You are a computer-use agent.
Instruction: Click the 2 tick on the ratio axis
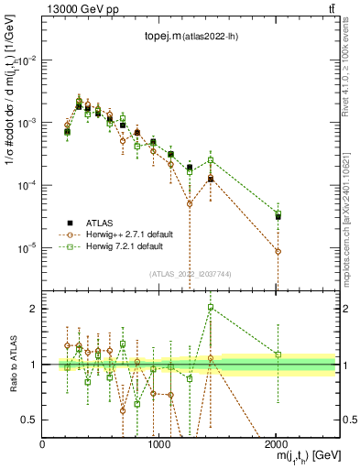[x=35, y=309]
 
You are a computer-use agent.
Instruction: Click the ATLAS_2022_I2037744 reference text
[x=190, y=274]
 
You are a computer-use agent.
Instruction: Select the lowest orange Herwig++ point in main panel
[x=278, y=251]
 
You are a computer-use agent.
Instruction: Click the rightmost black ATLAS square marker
[x=278, y=216]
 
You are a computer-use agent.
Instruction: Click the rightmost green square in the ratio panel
[x=278, y=354]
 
